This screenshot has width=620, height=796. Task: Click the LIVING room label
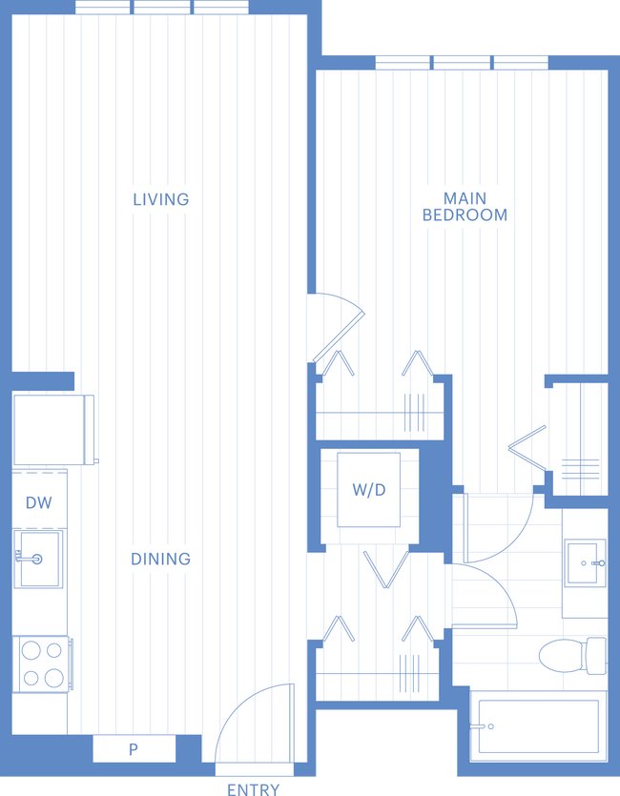(x=160, y=199)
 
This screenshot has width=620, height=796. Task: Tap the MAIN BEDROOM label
(x=465, y=207)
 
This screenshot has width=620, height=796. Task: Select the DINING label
(x=160, y=559)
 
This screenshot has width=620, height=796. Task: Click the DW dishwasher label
(x=38, y=502)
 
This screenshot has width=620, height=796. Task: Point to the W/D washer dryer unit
(x=369, y=491)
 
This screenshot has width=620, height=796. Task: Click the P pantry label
(x=134, y=749)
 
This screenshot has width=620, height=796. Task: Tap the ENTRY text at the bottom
(x=255, y=788)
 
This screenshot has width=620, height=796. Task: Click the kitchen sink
(x=38, y=559)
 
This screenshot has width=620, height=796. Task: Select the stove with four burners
(x=41, y=663)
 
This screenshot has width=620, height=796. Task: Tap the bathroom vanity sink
(x=584, y=564)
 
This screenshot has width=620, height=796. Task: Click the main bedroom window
(x=462, y=62)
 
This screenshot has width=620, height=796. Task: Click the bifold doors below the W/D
(x=385, y=570)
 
